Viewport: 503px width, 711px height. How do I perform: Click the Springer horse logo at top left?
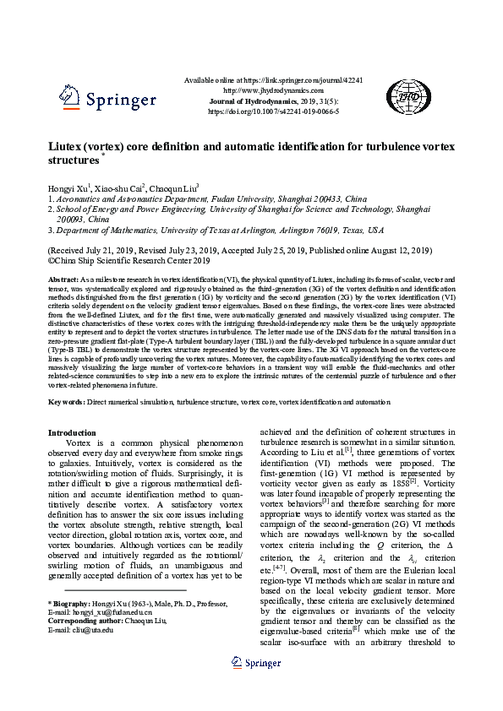(x=69, y=96)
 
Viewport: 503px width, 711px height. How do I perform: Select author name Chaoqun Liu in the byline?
(x=178, y=187)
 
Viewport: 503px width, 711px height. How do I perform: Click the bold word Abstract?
(x=63, y=279)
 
